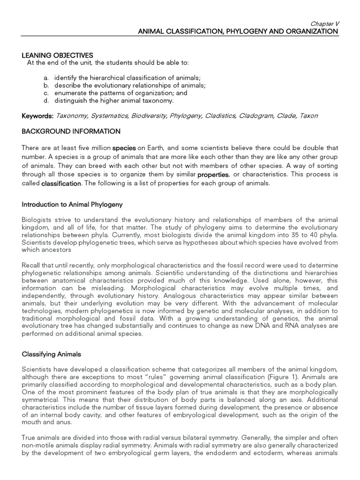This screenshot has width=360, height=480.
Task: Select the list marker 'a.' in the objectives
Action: pyautogui.click(x=45, y=77)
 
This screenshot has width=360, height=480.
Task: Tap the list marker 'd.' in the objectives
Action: pyautogui.click(x=45, y=100)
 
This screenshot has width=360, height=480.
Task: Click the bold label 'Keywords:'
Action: pyautogui.click(x=38, y=116)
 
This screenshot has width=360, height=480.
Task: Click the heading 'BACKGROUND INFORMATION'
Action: pyautogui.click(x=71, y=131)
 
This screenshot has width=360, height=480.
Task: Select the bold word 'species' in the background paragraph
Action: pyautogui.click(x=124, y=148)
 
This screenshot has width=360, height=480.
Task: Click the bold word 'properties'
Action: pyautogui.click(x=213, y=175)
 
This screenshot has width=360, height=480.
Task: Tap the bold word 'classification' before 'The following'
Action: pyautogui.click(x=61, y=184)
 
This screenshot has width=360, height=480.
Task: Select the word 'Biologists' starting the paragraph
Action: pyautogui.click(x=37, y=220)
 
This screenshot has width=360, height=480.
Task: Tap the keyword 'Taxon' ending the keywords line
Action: pyautogui.click(x=308, y=116)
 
